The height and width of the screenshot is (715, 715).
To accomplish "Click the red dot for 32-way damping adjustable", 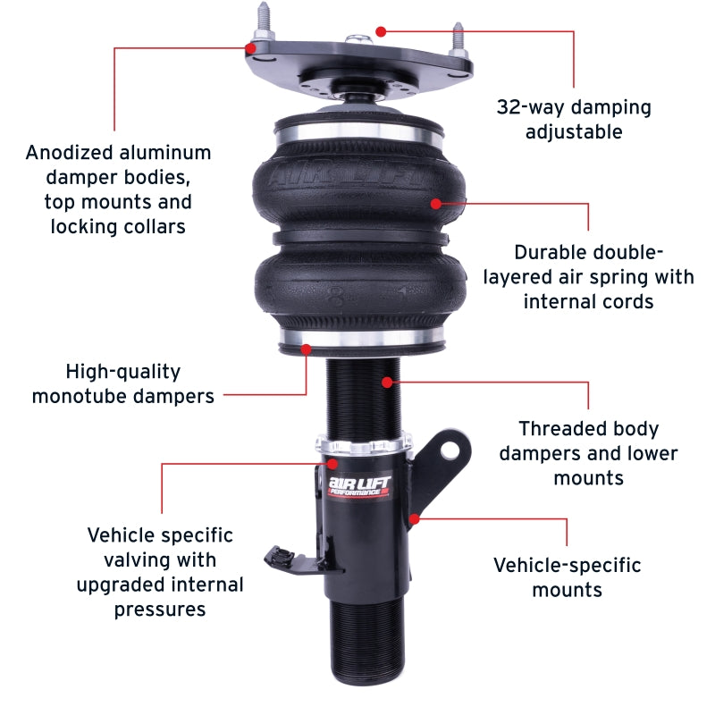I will [381, 31].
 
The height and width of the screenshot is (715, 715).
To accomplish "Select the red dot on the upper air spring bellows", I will [436, 203].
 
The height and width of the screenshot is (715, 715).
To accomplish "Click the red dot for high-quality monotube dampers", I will [307, 349].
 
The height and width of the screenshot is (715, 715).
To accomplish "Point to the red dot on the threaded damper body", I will [387, 383].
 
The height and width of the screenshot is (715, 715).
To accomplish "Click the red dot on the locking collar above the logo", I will [332, 464].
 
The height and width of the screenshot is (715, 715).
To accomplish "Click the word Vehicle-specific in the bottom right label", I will [568, 565].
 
